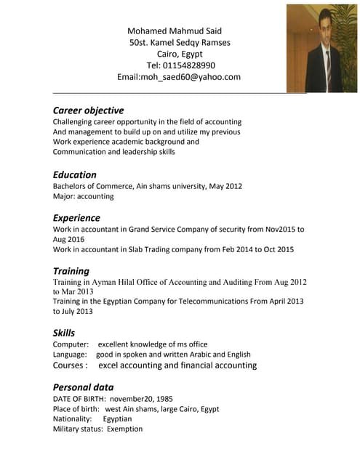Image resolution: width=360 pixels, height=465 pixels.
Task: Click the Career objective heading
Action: click(88, 110)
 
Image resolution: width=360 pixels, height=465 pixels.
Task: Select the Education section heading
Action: click(74, 174)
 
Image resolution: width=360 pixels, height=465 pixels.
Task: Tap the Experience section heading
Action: click(76, 217)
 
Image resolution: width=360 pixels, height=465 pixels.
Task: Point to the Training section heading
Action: click(71, 271)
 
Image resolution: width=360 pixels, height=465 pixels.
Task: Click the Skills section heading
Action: click(64, 333)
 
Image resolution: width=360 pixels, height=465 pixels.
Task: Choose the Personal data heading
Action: click(83, 387)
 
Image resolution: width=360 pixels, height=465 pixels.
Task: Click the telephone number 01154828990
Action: click(190, 65)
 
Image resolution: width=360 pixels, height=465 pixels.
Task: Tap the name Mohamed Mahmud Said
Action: click(175, 31)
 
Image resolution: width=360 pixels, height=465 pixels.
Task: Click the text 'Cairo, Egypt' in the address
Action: click(180, 54)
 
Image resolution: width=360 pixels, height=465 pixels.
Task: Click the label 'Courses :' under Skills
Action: click(71, 365)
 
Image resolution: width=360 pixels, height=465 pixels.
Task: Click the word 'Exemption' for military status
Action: click(125, 429)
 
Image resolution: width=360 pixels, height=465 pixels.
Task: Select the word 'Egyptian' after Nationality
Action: click(117, 418)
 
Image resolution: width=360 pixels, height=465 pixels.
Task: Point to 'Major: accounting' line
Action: click(84, 196)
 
